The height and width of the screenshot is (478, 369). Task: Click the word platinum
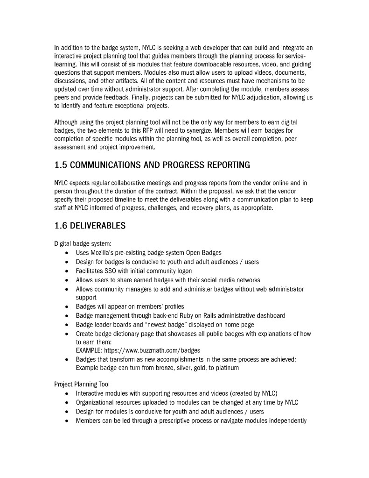point(227,368)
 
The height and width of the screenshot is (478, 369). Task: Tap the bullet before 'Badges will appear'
point(68,307)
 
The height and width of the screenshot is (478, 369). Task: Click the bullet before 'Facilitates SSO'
point(68,271)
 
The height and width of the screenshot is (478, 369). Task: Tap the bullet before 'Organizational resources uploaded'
point(68,402)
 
